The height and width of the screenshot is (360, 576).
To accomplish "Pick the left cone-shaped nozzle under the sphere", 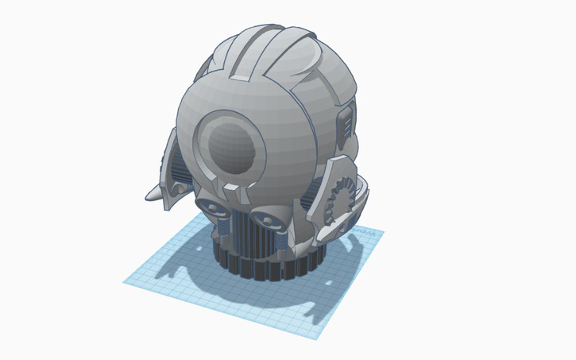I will pyautogui.click(x=213, y=207).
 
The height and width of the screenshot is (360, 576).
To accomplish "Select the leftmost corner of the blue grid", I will pyautogui.click(x=125, y=281).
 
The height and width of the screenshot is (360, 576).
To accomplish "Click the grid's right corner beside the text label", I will pyautogui.click(x=384, y=232).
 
